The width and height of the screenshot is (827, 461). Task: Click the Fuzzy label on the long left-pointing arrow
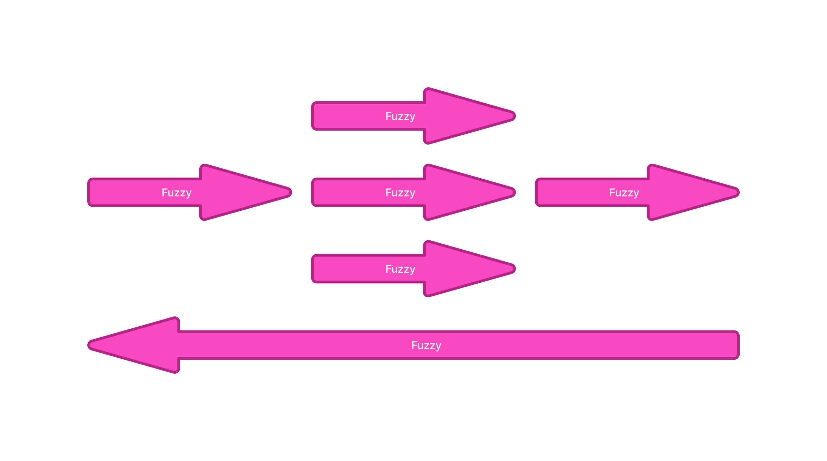click(x=426, y=345)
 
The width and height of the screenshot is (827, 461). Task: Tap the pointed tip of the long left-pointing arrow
click(x=90, y=345)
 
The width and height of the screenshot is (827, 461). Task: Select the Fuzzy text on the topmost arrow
click(x=400, y=116)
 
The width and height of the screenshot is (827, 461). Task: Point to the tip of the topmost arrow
click(x=514, y=116)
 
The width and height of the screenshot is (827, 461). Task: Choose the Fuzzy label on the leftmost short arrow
click(x=176, y=193)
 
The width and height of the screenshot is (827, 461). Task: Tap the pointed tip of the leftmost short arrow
click(x=290, y=192)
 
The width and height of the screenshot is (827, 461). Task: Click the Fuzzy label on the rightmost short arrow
click(x=624, y=193)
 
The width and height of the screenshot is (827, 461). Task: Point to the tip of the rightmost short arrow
click(x=738, y=192)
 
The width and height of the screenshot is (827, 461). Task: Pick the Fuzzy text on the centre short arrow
click(x=400, y=193)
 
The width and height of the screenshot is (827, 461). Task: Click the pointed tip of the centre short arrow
click(x=514, y=192)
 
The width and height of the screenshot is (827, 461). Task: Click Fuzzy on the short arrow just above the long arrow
click(x=400, y=269)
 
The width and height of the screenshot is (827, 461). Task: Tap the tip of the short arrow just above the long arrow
click(x=514, y=269)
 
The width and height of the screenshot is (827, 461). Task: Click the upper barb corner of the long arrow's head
click(x=176, y=319)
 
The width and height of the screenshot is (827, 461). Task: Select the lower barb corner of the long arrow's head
click(x=176, y=371)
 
